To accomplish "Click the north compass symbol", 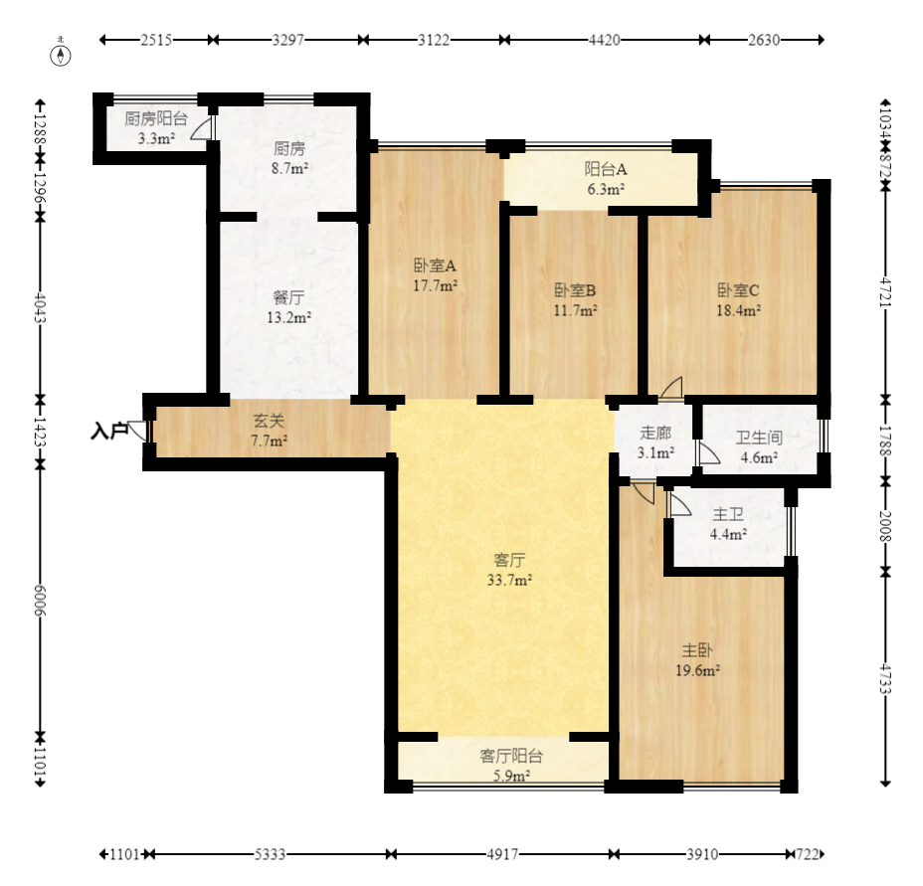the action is [61, 52].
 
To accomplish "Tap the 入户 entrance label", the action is [108, 432].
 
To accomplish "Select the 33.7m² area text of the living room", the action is [510, 580].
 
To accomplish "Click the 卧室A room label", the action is [435, 266].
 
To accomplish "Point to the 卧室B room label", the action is [575, 290].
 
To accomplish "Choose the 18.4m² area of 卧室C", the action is [738, 309].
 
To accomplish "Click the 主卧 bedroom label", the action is [697, 650].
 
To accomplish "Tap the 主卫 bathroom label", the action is [728, 514].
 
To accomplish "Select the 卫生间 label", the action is [759, 438].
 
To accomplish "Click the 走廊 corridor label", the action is [655, 433].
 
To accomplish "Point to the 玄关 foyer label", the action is [269, 421].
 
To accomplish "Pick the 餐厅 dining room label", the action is [289, 297].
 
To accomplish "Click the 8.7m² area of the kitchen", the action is [289, 168].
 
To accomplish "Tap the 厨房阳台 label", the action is [156, 119].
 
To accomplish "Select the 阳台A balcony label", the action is [606, 170].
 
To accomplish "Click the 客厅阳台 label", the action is [511, 756].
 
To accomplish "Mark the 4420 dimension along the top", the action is [605, 40].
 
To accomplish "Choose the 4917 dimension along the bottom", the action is [502, 854].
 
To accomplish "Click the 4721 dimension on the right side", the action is [885, 292].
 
